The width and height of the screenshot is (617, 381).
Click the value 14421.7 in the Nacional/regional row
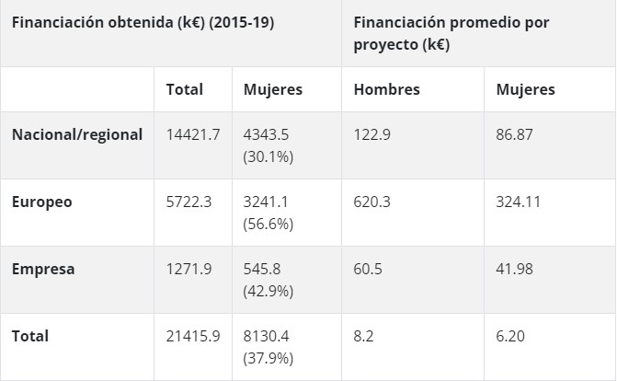point(192,134)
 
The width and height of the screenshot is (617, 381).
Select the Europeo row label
point(41,202)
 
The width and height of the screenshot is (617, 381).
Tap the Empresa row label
point(42,270)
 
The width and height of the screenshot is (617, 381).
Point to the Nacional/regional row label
point(77,134)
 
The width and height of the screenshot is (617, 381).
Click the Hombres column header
point(386,89)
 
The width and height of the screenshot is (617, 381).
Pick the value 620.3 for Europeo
point(372,202)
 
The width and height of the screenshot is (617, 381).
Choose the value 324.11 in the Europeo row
point(520,202)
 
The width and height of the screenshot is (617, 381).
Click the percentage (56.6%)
point(268,224)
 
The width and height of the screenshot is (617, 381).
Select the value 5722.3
point(189,202)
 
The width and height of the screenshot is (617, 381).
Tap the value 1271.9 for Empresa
point(189,270)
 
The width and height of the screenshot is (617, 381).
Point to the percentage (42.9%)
point(268,291)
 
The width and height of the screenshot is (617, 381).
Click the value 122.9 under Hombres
point(372,134)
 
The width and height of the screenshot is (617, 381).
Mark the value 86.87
point(515,134)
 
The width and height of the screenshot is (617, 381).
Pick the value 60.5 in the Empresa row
point(368,270)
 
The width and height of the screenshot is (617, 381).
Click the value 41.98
point(515,270)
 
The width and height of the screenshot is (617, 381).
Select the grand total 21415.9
point(192,337)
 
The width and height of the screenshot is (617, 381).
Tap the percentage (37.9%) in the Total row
point(268,358)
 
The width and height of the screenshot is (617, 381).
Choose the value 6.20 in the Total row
point(510,337)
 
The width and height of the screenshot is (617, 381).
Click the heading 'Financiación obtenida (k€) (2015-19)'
point(143,23)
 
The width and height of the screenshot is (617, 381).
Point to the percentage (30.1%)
point(268,156)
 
